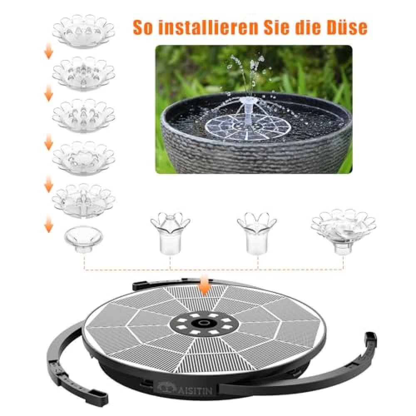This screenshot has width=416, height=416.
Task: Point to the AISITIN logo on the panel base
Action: coord(186,391)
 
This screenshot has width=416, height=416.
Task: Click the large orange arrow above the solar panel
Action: coord(204,285)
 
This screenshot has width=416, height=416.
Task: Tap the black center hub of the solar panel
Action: coord(204,323)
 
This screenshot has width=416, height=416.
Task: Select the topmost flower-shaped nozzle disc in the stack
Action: coord(84,31)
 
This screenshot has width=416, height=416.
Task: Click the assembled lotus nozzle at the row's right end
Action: coord(344,231)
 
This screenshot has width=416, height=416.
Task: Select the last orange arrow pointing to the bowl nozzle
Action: coord(49,224)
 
